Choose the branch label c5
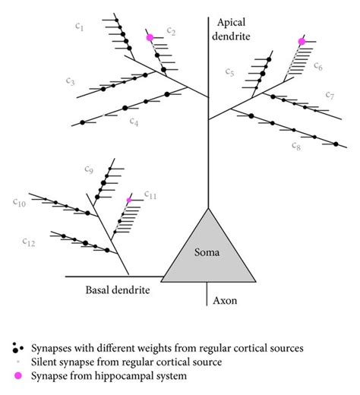pyautogui.click(x=230, y=71)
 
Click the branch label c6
pyautogui.click(x=318, y=68)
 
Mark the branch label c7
pyautogui.click(x=330, y=95)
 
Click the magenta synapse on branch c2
pyautogui.click(x=150, y=36)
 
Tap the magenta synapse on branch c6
pyautogui.click(x=302, y=42)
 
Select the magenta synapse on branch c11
pyautogui.click(x=129, y=200)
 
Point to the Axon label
pyautogui.click(x=224, y=301)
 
